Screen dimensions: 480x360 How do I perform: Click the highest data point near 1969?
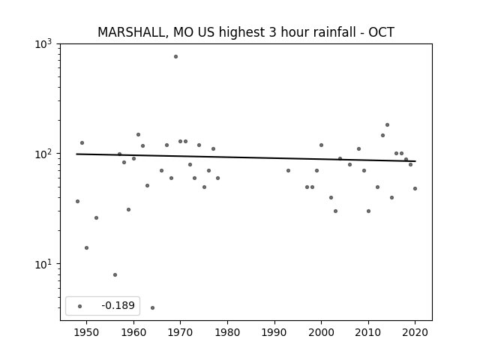pos(175,57)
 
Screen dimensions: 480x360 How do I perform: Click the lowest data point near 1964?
pos(152,308)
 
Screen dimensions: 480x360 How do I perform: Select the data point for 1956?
pos(115,275)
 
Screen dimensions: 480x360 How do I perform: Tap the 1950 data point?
pos(87,248)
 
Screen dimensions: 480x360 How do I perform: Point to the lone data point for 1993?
pos(288,171)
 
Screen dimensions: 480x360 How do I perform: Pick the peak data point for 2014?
pos(387,125)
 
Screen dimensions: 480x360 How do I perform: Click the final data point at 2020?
pos(415,188)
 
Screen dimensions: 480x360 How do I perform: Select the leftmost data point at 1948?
pos(77,202)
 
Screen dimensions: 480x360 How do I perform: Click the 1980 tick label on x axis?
pos(227,332)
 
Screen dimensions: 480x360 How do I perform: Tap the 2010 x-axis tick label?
pos(368,332)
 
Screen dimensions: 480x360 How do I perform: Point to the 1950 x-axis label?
pos(87,332)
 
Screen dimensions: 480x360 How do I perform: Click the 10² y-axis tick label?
pos(43,153)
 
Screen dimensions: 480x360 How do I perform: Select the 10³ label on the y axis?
pos(43,43)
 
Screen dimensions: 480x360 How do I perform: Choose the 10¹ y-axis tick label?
pos(43,263)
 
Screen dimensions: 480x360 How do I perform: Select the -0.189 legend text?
pos(118,305)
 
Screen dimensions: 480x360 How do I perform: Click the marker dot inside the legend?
pos(80,307)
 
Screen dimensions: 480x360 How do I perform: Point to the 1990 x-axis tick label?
pos(274,332)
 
